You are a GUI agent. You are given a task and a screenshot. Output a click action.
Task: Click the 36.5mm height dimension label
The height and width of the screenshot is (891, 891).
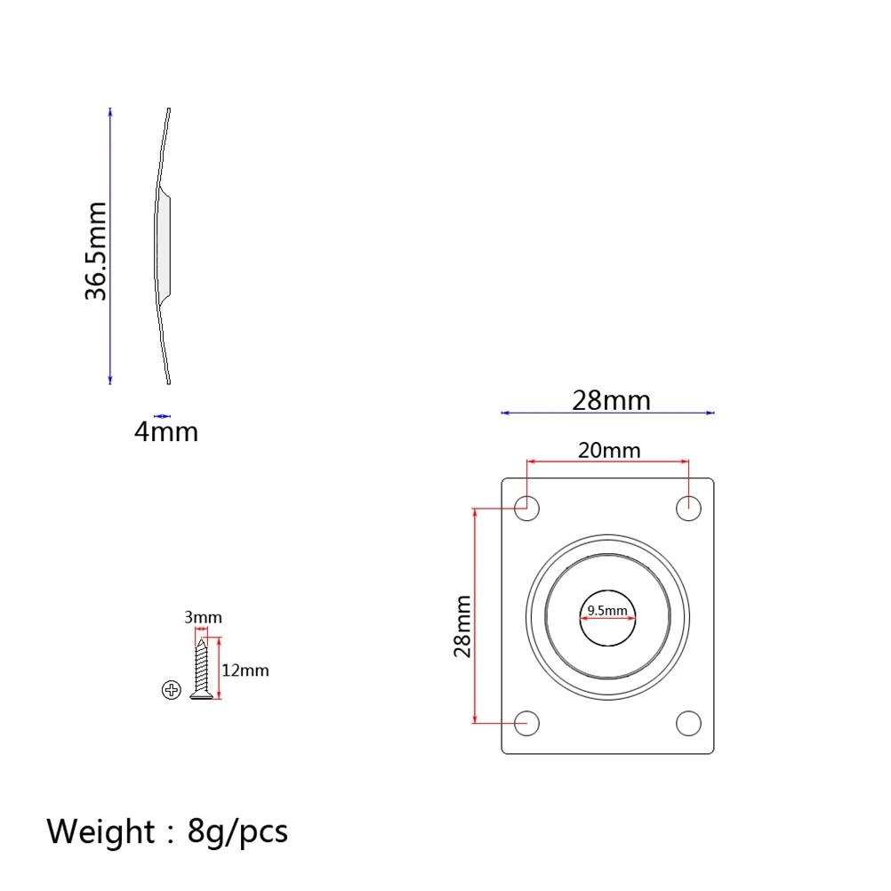click(96, 251)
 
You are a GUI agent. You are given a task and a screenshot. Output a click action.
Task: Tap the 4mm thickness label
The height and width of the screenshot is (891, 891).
click(166, 432)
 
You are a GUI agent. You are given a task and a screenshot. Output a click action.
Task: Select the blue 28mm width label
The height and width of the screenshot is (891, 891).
click(611, 400)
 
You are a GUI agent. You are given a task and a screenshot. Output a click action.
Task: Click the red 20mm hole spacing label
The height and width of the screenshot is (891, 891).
click(608, 450)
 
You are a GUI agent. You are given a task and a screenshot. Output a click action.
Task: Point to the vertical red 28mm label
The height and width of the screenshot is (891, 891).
click(462, 626)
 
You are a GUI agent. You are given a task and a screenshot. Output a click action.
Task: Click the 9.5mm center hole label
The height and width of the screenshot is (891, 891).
click(608, 610)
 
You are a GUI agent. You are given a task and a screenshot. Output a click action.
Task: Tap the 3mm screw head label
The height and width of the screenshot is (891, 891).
click(203, 617)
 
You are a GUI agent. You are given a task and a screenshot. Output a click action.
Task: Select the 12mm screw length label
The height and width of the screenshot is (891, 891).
click(245, 670)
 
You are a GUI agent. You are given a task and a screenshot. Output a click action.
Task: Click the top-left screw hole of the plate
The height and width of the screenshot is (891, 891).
click(527, 509)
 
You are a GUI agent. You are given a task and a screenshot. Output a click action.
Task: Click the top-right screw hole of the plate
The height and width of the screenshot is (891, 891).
click(688, 509)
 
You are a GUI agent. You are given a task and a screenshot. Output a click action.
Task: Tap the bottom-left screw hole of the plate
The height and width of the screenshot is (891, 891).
click(527, 723)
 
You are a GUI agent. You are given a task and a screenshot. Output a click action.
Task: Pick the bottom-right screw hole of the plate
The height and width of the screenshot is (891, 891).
click(688, 723)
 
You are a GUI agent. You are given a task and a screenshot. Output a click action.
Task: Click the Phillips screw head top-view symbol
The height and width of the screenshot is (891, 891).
click(172, 689)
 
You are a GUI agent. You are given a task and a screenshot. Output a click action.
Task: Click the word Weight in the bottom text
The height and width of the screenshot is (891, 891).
click(100, 831)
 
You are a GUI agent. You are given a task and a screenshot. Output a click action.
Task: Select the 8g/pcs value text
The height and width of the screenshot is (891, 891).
click(238, 831)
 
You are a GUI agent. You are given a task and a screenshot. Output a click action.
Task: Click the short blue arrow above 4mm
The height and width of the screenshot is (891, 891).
click(162, 415)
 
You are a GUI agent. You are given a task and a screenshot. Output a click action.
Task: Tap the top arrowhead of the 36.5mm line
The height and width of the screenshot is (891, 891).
click(110, 112)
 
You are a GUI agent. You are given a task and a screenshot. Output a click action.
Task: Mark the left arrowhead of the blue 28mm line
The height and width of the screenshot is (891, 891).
click(505, 413)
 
